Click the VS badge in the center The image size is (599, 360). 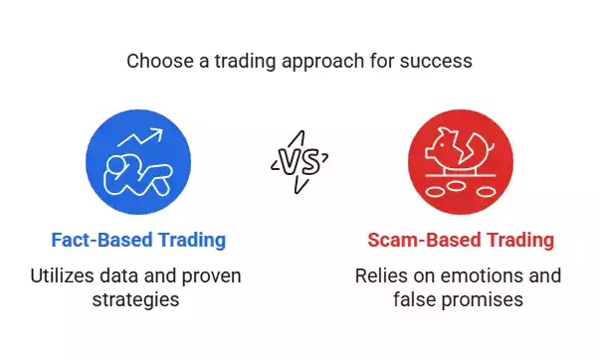(x=299, y=159)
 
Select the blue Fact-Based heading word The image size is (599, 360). (x=99, y=240)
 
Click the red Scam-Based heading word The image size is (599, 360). (x=419, y=240)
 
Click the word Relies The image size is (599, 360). (x=380, y=274)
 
